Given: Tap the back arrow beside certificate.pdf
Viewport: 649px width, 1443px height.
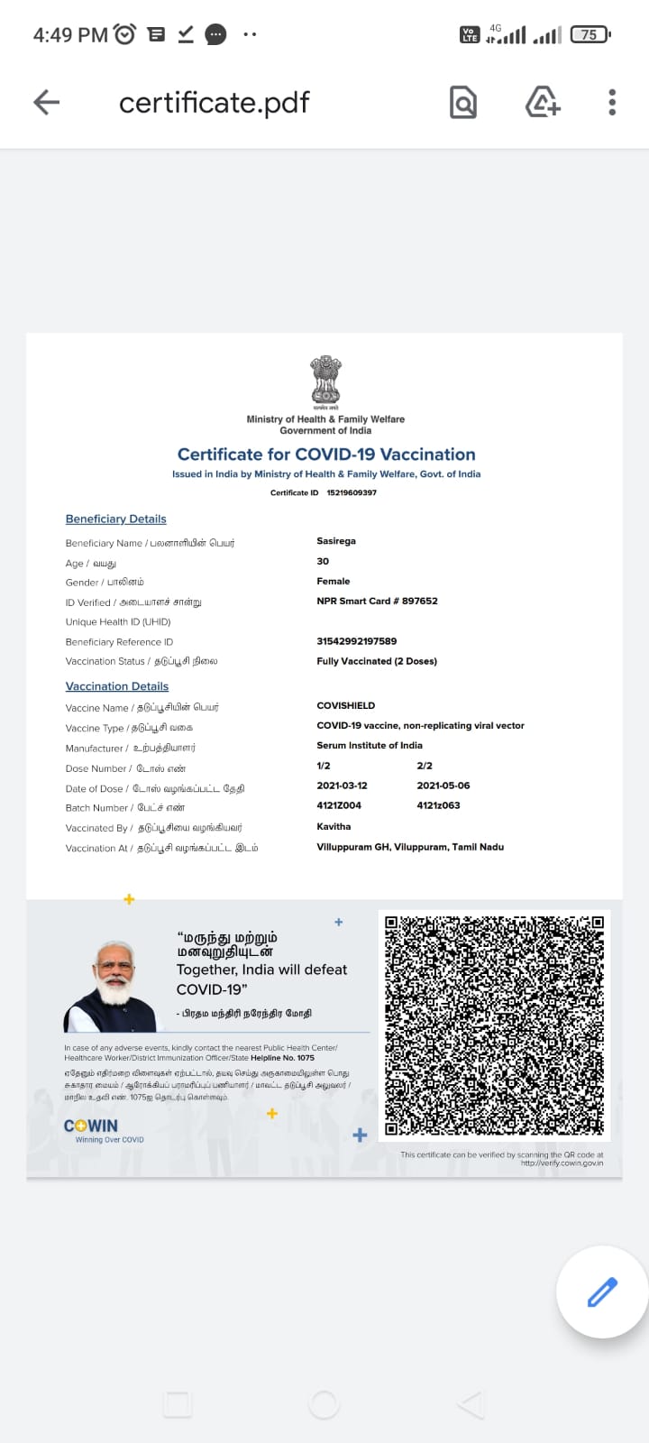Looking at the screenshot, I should pyautogui.click(x=47, y=103).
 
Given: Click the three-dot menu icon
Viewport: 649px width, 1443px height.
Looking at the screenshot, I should pyautogui.click(x=612, y=103).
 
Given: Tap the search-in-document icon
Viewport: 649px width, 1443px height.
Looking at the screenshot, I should pyautogui.click(x=462, y=103).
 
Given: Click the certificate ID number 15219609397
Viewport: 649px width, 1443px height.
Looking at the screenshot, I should pyautogui.click(x=352, y=492).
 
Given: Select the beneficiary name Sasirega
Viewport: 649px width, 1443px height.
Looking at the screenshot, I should pyautogui.click(x=336, y=541).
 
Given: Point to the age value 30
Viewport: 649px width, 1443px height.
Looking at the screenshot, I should pyautogui.click(x=323, y=561).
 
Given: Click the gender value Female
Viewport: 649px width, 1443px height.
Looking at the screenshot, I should pyautogui.click(x=334, y=582).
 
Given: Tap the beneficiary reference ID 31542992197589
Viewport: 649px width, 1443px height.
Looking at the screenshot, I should pyautogui.click(x=357, y=641).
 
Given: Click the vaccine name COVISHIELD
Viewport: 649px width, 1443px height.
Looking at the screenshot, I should pyautogui.click(x=346, y=705).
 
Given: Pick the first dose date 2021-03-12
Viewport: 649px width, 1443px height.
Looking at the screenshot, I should pyautogui.click(x=343, y=786).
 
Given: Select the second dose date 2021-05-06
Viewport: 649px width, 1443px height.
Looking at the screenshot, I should pyautogui.click(x=443, y=786).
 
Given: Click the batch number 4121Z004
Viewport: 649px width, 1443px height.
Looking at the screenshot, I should pyautogui.click(x=339, y=805).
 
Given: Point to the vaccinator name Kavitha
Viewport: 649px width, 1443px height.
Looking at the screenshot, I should pyautogui.click(x=334, y=826).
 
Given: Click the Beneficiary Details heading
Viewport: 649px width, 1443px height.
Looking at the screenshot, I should pyautogui.click(x=116, y=519).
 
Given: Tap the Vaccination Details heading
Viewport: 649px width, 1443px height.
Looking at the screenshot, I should pyautogui.click(x=117, y=686).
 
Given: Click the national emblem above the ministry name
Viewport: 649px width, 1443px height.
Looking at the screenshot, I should pyautogui.click(x=325, y=380).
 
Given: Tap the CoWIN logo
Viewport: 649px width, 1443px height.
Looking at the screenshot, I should pyautogui.click(x=91, y=1126).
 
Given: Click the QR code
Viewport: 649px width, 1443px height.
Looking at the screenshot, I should pyautogui.click(x=494, y=1025).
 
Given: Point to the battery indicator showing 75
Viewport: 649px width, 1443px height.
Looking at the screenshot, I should pyautogui.click(x=590, y=35).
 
